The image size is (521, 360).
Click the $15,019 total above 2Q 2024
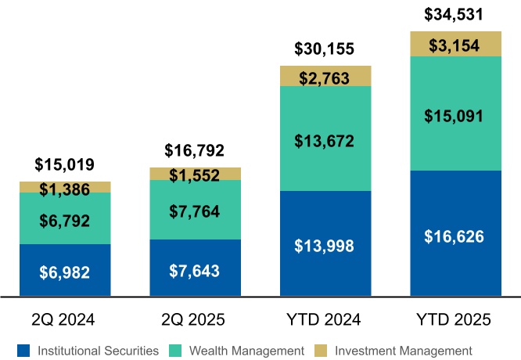65,165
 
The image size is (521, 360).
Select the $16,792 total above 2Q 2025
195,150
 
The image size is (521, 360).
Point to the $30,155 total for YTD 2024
325,49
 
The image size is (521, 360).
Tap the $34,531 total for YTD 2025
455,14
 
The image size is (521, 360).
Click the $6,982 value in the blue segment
65,272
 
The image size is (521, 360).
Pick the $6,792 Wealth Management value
65,218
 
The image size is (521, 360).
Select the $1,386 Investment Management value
65,189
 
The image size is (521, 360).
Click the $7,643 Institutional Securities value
195,270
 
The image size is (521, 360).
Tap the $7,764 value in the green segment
195,211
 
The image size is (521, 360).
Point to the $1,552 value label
195,175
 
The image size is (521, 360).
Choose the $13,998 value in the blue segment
325,246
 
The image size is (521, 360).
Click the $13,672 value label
325,141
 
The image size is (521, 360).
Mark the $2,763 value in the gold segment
325,77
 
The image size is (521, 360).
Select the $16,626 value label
455,235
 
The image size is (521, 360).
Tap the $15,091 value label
455,116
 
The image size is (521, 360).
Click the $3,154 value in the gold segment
455,45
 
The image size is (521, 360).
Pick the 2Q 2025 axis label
195,319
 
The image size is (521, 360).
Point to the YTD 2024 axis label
325,319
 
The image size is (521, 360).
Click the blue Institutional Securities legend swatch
24,350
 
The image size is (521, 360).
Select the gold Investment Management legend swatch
321,350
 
